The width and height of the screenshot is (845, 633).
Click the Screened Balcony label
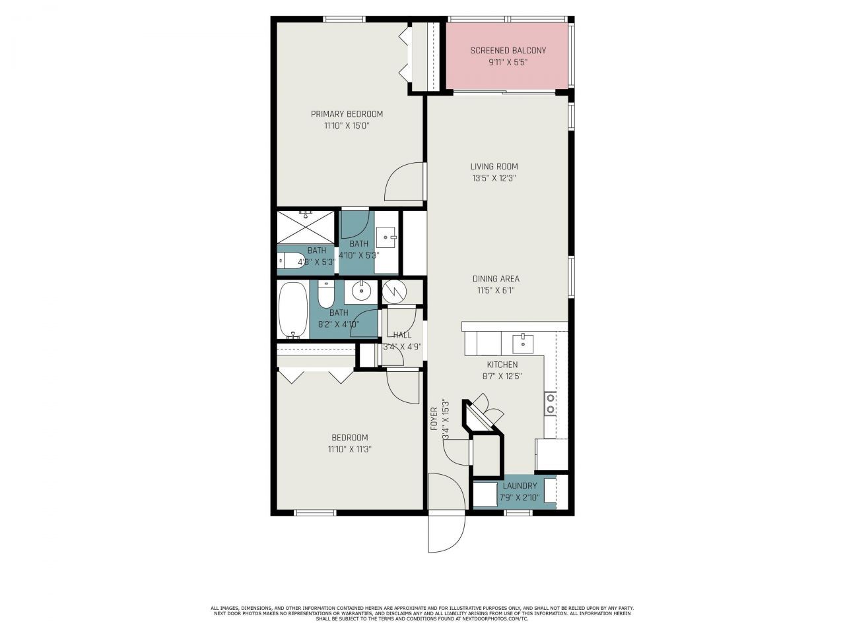tap(508, 51)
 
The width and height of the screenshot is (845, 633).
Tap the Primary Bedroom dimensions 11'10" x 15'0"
tap(347, 125)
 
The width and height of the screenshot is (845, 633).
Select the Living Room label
tap(494, 167)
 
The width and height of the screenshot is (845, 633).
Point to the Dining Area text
tap(495, 279)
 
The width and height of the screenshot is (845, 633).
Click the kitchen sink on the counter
tap(523, 342)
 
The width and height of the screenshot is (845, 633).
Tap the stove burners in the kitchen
tap(549, 404)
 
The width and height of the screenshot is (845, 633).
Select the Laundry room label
tap(520, 486)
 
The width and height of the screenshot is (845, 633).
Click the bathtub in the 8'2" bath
tap(293, 310)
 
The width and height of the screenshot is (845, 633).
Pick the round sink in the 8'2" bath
tap(361, 291)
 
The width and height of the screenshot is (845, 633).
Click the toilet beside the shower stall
tap(289, 260)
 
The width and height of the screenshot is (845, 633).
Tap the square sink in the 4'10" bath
tap(386, 235)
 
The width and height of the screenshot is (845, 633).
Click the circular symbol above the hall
tap(393, 291)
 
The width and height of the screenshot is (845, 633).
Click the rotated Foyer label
tap(434, 419)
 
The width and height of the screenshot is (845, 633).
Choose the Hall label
tap(402, 335)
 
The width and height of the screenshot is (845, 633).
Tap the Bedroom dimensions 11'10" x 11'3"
tap(349, 449)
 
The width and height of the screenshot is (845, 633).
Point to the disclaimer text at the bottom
tap(422, 613)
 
